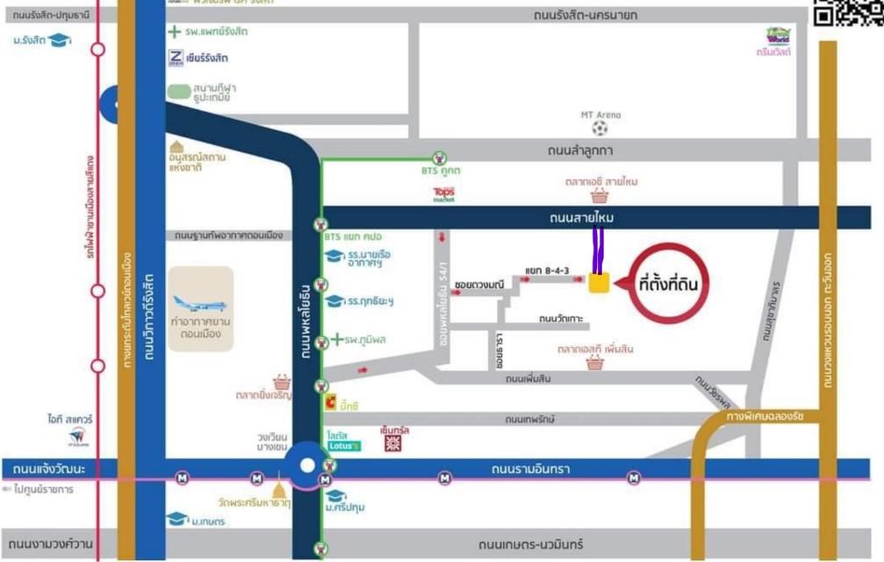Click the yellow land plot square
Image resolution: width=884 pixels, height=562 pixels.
[599, 283]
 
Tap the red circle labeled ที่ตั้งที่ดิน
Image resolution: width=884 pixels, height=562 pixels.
[668, 284]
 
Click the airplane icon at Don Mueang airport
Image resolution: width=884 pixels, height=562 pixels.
[200, 305]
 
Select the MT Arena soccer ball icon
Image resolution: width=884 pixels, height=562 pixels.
[600, 128]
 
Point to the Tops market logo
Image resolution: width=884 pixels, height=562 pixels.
[444, 193]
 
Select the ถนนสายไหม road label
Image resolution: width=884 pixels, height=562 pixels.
[580, 218]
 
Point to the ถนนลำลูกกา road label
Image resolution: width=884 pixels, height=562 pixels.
[580, 151]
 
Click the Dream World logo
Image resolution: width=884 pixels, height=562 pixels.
[778, 36]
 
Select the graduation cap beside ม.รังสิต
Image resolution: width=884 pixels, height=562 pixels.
[59, 40]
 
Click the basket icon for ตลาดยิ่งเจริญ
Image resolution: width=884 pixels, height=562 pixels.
[282, 383]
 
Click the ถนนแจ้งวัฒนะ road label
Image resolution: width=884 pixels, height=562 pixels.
[49, 470]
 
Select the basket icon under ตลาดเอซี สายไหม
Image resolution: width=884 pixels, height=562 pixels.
[600, 197]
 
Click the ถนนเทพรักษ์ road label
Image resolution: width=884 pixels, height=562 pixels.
[528, 420]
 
